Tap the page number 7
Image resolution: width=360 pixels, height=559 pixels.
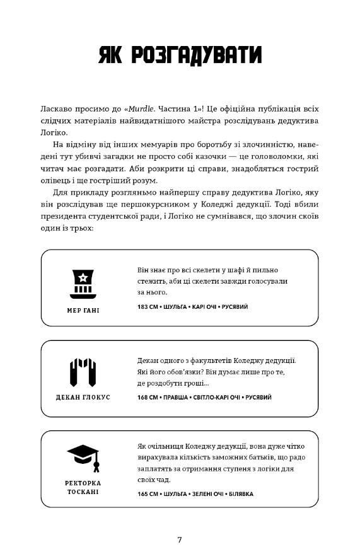click(x=180, y=539)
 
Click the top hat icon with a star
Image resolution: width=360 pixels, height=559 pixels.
click(x=83, y=283)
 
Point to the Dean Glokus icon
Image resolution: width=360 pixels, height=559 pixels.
click(x=83, y=372)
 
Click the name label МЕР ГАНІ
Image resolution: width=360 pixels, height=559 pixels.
click(x=83, y=310)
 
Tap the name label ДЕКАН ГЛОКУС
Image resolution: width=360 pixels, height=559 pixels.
click(x=83, y=397)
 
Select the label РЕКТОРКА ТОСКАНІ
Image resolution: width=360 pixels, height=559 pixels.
click(x=83, y=487)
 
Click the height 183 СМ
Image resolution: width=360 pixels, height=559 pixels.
click(x=148, y=307)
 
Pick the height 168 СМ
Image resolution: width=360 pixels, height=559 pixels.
click(x=148, y=398)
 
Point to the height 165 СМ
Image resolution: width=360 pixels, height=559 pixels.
click(x=148, y=494)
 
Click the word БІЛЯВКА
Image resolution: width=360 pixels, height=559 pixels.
click(x=239, y=494)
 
